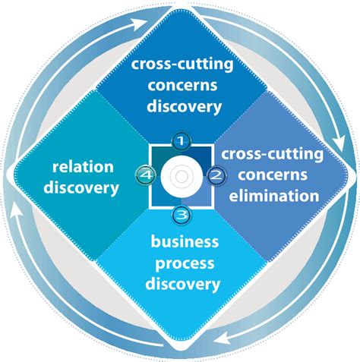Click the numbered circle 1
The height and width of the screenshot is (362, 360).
[180, 140]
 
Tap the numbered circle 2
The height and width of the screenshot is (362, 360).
[216, 176]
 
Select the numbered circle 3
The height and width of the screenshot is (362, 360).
[180, 214]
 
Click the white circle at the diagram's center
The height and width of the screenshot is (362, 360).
[180, 177]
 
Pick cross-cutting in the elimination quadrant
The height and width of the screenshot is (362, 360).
[271, 154]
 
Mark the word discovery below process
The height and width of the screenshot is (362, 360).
[185, 284]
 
